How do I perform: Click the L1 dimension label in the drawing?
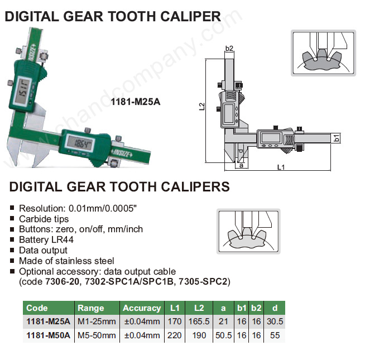pyautogui.click(x=281, y=167)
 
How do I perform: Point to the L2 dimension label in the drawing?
pyautogui.click(x=202, y=107)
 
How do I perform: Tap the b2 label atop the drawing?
pyautogui.click(x=229, y=48)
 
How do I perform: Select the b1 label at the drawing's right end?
pyautogui.click(x=337, y=138)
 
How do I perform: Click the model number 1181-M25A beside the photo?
pyautogui.click(x=136, y=102)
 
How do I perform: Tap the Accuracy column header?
pyautogui.click(x=142, y=308)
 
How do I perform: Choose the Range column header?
pyautogui.click(x=91, y=308)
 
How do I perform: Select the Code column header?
pyautogui.click(x=37, y=308)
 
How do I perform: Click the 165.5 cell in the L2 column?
pyautogui.click(x=199, y=321)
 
